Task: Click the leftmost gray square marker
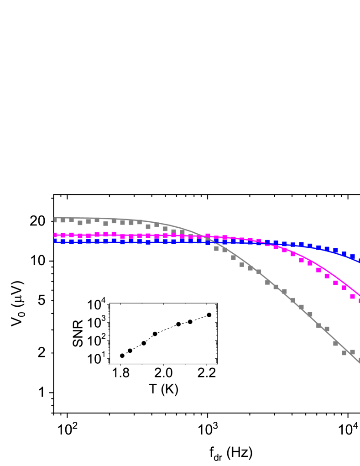[x=55, y=220]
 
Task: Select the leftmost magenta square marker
[x=55, y=235]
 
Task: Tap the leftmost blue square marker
[x=55, y=241]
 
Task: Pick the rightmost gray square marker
[x=359, y=360]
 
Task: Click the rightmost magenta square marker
[x=359, y=301]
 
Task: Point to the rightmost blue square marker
[x=359, y=261]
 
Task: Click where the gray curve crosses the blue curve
[x=211, y=241]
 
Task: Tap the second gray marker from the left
[x=63, y=220]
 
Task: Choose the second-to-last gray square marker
[x=352, y=352]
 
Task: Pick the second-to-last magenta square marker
[x=352, y=296]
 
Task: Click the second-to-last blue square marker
[x=352, y=257]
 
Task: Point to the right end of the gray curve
[x=360, y=363]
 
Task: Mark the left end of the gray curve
[x=54, y=218]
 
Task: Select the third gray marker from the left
[x=72, y=220]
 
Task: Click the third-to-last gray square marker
[x=344, y=353]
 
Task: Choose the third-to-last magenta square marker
[x=344, y=288]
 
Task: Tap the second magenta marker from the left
[x=63, y=235]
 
